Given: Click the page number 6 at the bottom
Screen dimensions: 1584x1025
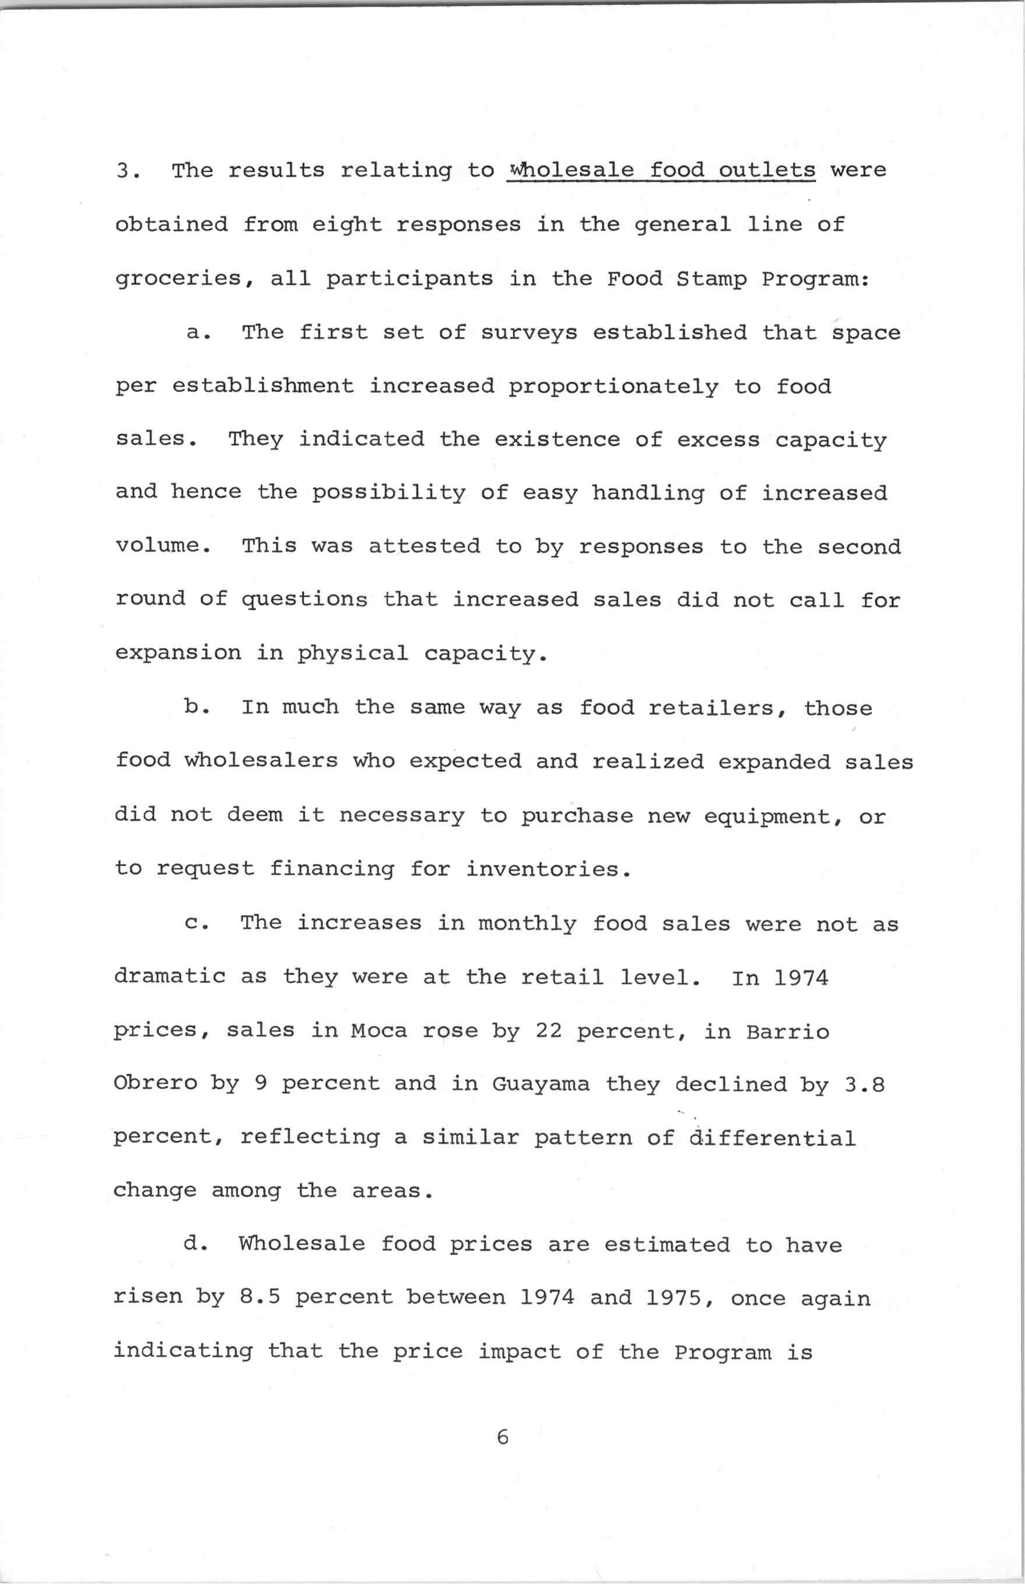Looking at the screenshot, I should tap(502, 1438).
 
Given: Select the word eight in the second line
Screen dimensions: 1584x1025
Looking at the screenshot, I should tap(347, 225).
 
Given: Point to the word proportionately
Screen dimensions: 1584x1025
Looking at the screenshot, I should tap(613, 387).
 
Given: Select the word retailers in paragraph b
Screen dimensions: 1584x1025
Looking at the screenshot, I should tap(718, 708).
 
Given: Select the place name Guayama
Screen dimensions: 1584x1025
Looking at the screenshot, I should tap(540, 1083).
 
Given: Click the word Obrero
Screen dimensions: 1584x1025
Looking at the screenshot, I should tap(156, 1083).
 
